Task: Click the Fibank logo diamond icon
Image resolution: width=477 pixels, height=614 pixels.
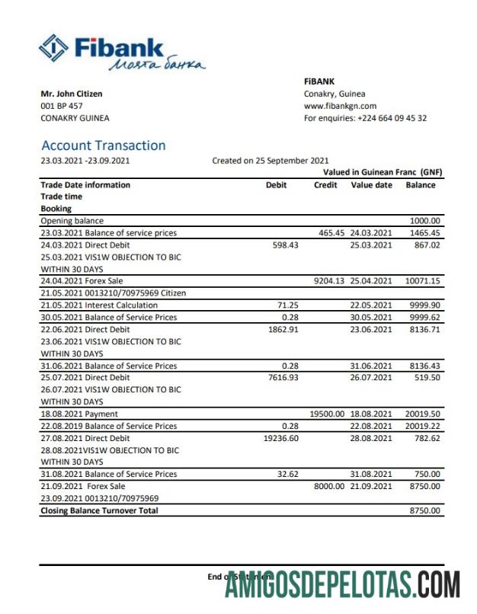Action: coord(53,49)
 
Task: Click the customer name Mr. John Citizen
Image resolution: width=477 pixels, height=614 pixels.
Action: coord(72,94)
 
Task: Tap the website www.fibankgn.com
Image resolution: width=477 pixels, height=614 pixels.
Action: coord(340,106)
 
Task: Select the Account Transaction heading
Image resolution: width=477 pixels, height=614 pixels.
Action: coord(103,146)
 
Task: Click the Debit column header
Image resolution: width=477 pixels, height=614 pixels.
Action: coord(276,185)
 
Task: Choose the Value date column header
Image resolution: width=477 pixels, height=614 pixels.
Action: coord(371,185)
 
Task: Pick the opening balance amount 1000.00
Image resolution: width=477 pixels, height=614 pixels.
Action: coord(424,221)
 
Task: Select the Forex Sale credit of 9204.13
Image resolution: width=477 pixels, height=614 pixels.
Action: coord(329,281)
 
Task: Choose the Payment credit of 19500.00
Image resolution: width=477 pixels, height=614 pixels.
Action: coord(328,414)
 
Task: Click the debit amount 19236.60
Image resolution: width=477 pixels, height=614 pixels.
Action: coord(280,438)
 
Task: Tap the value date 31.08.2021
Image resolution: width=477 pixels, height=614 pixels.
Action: coord(371,474)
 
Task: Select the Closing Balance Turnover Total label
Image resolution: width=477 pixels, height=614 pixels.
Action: coord(99,510)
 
